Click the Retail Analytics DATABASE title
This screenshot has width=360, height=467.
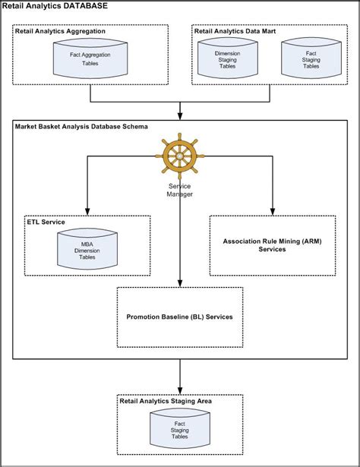click(x=55, y=5)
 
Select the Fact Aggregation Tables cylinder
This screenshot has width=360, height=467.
click(x=90, y=58)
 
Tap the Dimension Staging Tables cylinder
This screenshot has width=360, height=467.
click(x=228, y=58)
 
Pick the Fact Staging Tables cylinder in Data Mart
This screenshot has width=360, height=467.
click(x=311, y=58)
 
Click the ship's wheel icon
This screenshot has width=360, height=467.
click(x=179, y=156)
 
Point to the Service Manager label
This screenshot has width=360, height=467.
click(x=179, y=190)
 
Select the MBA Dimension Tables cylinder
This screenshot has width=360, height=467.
click(x=87, y=249)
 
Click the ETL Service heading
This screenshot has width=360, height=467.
click(x=46, y=222)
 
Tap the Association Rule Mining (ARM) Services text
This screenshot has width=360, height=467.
click(x=272, y=245)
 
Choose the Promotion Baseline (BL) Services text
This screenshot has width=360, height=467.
click(x=179, y=317)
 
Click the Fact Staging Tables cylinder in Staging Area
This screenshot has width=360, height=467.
click(x=180, y=428)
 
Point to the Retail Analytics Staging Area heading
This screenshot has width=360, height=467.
click(x=166, y=401)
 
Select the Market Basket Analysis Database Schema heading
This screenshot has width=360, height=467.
click(x=81, y=127)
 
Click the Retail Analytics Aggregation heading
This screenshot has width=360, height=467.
click(x=60, y=31)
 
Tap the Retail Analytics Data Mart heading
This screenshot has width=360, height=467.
click(x=235, y=31)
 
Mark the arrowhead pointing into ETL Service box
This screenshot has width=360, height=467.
click(x=87, y=211)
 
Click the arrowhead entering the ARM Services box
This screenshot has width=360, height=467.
click(x=273, y=211)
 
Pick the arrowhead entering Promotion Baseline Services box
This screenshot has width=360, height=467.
click(x=180, y=283)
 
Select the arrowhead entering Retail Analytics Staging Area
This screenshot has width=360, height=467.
click(x=180, y=390)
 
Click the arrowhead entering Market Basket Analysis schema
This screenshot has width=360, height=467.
click(x=180, y=116)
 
